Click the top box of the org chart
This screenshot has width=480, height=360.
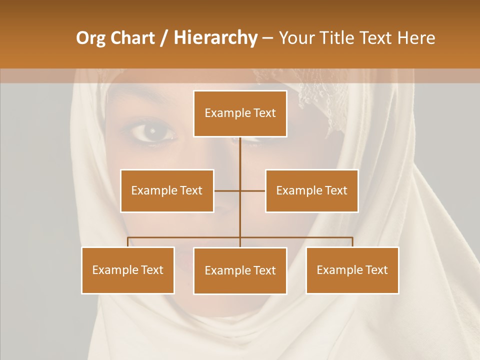pyautogui.click(x=240, y=113)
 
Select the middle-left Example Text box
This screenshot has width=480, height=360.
pyautogui.click(x=167, y=190)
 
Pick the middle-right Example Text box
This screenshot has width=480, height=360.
pyautogui.click(x=311, y=190)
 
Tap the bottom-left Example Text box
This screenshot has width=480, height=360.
pyautogui.click(x=128, y=270)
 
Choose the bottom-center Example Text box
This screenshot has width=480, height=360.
pyautogui.click(x=240, y=270)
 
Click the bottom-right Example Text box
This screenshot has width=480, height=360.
pyautogui.click(x=352, y=270)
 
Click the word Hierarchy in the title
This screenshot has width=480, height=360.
pyautogui.click(x=215, y=38)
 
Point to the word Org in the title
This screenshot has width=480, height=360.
pyautogui.click(x=91, y=38)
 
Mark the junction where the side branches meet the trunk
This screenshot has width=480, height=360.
pyautogui.click(x=240, y=190)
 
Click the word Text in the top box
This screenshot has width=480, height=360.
pyautogui.click(x=264, y=113)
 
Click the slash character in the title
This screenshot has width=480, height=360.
pyautogui.click(x=164, y=38)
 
